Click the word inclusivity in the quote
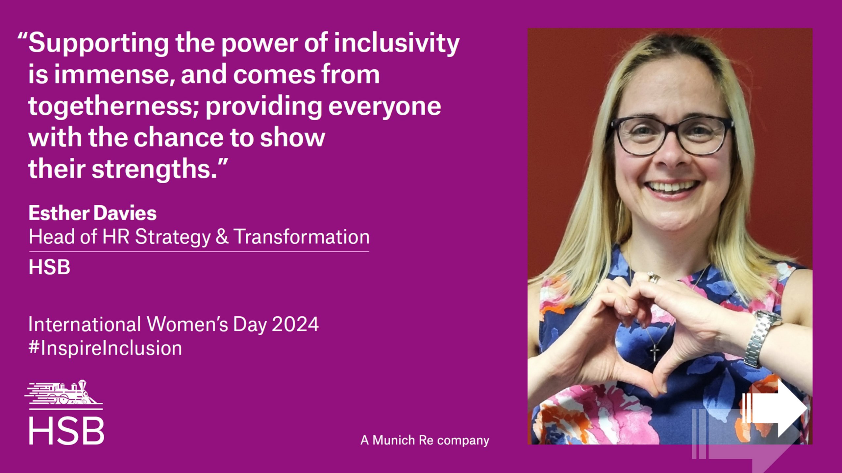coord(397,43)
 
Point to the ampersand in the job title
coord(222,236)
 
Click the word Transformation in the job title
coord(302,236)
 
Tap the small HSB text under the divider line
coord(49,267)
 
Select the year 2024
coord(295,324)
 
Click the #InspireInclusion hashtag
coord(105,348)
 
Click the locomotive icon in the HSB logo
coord(63,393)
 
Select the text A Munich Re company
coord(425,440)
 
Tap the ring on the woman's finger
coord(653,278)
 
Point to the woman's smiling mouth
coord(672,188)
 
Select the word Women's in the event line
coord(187,324)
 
